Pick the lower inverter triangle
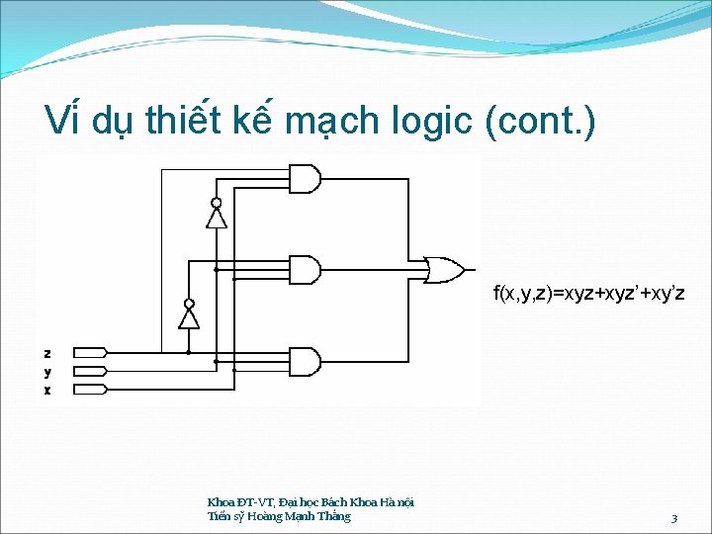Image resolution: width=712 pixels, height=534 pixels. click(189, 316)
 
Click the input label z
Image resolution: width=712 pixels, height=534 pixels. click(47, 352)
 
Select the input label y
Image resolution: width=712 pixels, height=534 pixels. click(47, 371)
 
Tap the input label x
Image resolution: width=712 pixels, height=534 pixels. click(47, 390)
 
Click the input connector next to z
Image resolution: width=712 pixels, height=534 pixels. click(90, 352)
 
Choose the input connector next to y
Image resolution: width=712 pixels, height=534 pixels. click(90, 371)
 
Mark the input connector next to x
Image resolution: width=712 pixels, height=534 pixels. click(90, 390)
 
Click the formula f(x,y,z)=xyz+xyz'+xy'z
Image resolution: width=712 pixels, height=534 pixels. click(589, 294)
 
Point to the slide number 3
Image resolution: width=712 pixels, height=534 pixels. click(673, 518)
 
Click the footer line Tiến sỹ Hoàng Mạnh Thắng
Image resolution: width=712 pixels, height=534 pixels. click(279, 516)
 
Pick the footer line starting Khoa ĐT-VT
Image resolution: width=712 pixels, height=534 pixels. click(311, 502)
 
